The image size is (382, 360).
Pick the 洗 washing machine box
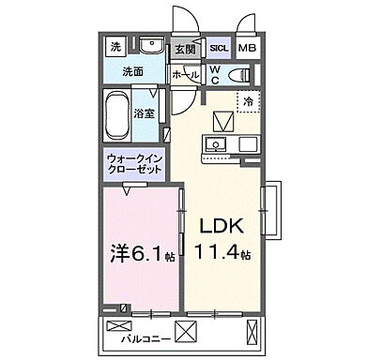115,46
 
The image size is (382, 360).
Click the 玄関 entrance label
184,50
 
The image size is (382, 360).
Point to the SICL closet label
218,48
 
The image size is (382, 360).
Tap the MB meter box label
247,48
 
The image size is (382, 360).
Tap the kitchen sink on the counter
215,144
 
